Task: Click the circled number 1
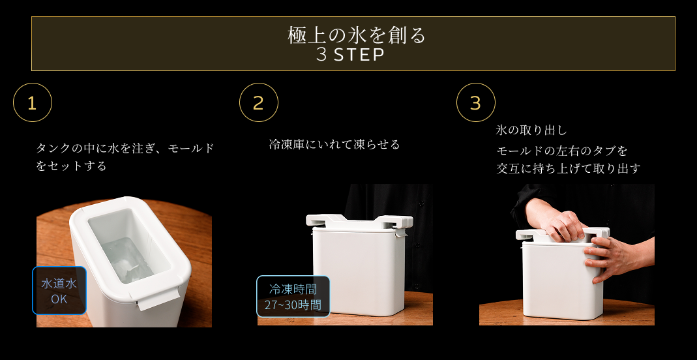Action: (x=33, y=102)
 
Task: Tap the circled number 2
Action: (x=259, y=102)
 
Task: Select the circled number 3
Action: (x=475, y=102)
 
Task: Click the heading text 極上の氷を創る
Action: (x=357, y=36)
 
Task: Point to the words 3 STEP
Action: (x=350, y=55)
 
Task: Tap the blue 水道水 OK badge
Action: (x=59, y=291)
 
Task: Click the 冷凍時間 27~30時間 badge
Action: (x=293, y=297)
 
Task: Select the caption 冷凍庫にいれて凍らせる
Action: (x=334, y=144)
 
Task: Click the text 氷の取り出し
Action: (x=531, y=130)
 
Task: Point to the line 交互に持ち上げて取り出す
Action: (x=569, y=168)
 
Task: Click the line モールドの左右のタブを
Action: (x=562, y=151)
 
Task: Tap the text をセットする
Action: (x=71, y=166)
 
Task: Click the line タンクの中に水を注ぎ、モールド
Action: (x=125, y=148)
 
